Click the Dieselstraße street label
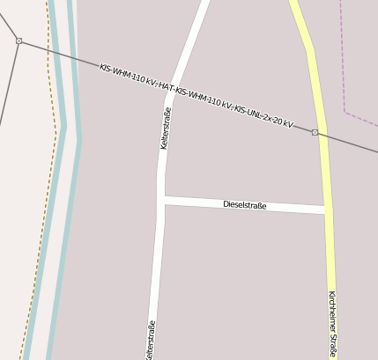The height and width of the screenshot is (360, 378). tap(244, 205)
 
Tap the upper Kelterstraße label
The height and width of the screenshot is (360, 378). tap(165, 128)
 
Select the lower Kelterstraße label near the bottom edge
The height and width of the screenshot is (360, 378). tap(151, 340)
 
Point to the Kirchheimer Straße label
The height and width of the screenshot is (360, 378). tap(331, 323)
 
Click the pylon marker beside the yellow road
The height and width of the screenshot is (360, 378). tap(315, 132)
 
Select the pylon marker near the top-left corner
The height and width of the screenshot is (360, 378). tap(19, 40)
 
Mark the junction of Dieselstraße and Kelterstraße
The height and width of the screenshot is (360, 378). tap(162, 201)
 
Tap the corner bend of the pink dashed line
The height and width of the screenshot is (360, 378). tap(345, 112)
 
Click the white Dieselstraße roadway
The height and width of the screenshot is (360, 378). tap(203, 203)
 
